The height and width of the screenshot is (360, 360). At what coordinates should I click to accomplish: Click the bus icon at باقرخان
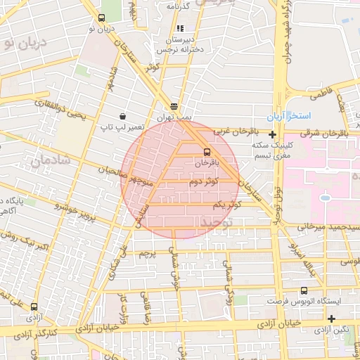207,151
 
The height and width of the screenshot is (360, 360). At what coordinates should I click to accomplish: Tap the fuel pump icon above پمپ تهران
174,107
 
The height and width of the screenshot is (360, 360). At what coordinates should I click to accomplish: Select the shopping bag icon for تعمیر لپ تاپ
124,116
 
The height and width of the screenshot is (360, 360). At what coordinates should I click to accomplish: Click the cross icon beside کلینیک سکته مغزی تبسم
272,134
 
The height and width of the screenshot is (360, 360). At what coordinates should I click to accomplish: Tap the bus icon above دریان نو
101,18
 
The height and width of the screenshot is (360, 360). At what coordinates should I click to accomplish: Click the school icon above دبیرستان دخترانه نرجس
180,29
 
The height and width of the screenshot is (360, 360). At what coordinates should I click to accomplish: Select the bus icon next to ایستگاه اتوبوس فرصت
304,290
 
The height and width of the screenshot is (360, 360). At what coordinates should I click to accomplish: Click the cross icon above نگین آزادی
331,319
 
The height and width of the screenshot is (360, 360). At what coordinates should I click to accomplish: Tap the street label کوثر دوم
203,181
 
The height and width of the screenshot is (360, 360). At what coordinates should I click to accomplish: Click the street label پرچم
146,252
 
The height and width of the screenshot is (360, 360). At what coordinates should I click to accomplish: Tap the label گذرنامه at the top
179,6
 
